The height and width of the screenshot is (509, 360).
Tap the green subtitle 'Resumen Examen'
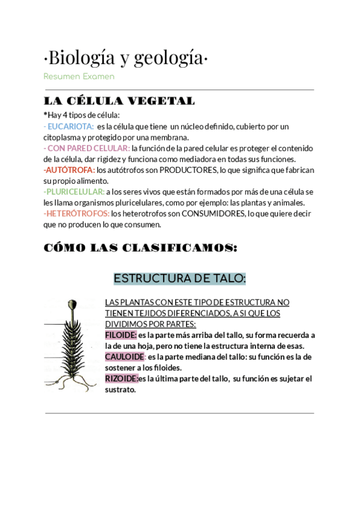[79, 77]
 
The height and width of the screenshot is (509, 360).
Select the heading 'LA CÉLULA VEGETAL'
[119, 101]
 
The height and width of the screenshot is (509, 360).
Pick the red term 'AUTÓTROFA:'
[70, 170]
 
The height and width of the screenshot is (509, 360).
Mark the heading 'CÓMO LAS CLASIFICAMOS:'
[140, 248]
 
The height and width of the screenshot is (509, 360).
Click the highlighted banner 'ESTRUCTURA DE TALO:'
[180, 279]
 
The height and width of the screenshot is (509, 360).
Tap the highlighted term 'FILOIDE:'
[121, 335]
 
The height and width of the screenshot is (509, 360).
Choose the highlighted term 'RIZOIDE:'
[121, 378]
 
